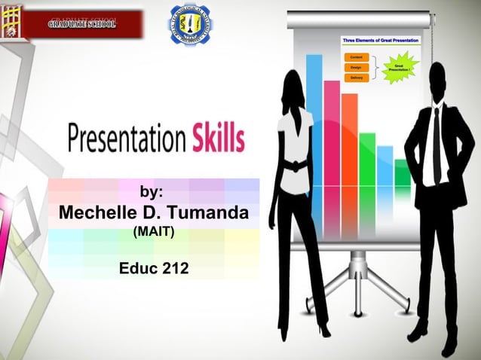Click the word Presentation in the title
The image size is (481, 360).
point(125,141)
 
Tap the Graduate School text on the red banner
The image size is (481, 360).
point(81,24)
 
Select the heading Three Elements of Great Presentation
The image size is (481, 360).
point(381,39)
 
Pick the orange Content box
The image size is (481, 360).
point(355,56)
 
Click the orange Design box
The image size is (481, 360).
point(355,67)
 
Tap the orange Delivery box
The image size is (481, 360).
point(355,78)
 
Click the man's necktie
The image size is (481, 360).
point(436,143)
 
